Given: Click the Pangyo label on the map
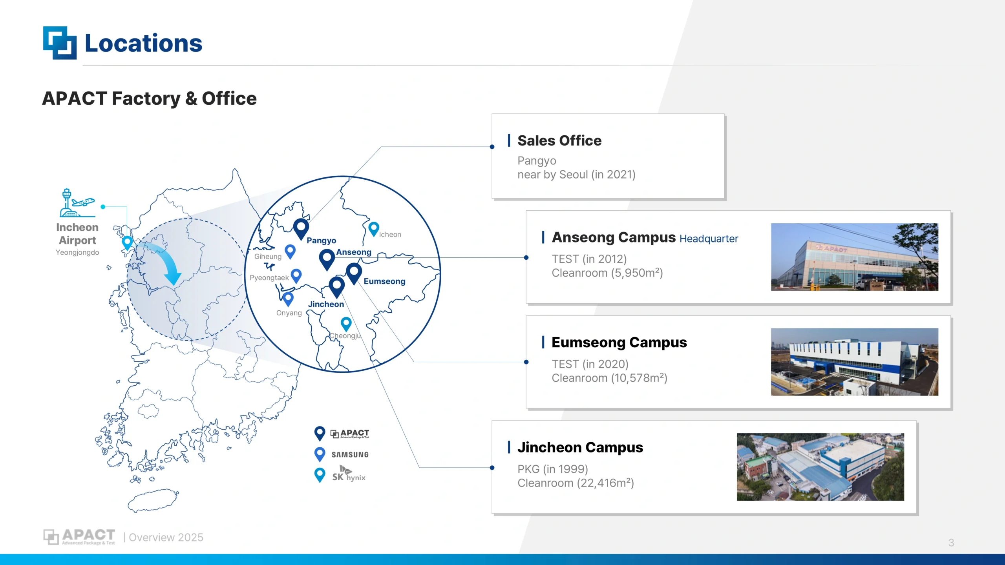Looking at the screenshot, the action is [x=321, y=241].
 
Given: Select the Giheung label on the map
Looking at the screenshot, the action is [x=268, y=257].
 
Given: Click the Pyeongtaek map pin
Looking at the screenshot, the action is [x=296, y=276].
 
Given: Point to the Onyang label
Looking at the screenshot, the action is [x=289, y=313].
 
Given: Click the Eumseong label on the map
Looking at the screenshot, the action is [x=384, y=281].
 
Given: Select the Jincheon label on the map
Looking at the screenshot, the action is [x=326, y=304].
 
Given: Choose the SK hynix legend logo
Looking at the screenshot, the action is [x=349, y=474].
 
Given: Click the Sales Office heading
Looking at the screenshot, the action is [x=559, y=140].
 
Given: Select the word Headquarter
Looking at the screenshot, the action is [x=709, y=239].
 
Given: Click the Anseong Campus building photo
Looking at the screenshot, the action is [x=855, y=257].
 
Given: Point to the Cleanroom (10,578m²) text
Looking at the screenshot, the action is [x=609, y=378].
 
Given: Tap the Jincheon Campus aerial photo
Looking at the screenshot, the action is [x=820, y=467].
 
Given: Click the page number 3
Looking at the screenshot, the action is [x=951, y=543].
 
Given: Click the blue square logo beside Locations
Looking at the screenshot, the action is [x=60, y=43].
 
